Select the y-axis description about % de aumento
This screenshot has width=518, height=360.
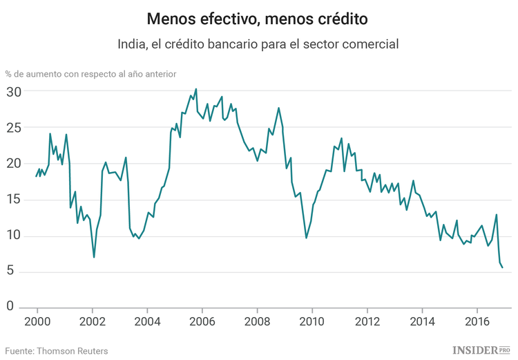(90, 73)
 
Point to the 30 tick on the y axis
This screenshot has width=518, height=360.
(15, 91)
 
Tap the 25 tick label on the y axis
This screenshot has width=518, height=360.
(15, 128)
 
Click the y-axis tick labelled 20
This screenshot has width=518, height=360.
(15, 164)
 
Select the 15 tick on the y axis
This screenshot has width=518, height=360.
(15, 200)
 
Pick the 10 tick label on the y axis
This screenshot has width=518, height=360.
(15, 236)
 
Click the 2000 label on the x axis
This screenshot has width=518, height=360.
(37, 321)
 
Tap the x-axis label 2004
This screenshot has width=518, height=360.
(146, 321)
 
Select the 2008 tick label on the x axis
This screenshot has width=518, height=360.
(257, 321)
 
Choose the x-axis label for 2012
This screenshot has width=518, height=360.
(367, 321)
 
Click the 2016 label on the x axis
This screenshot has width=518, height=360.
(477, 321)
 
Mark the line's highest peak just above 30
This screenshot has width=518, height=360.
(195, 88)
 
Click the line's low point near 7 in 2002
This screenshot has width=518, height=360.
(94, 257)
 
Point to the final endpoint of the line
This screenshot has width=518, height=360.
(502, 267)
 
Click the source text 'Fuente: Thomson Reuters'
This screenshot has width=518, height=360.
(57, 351)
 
